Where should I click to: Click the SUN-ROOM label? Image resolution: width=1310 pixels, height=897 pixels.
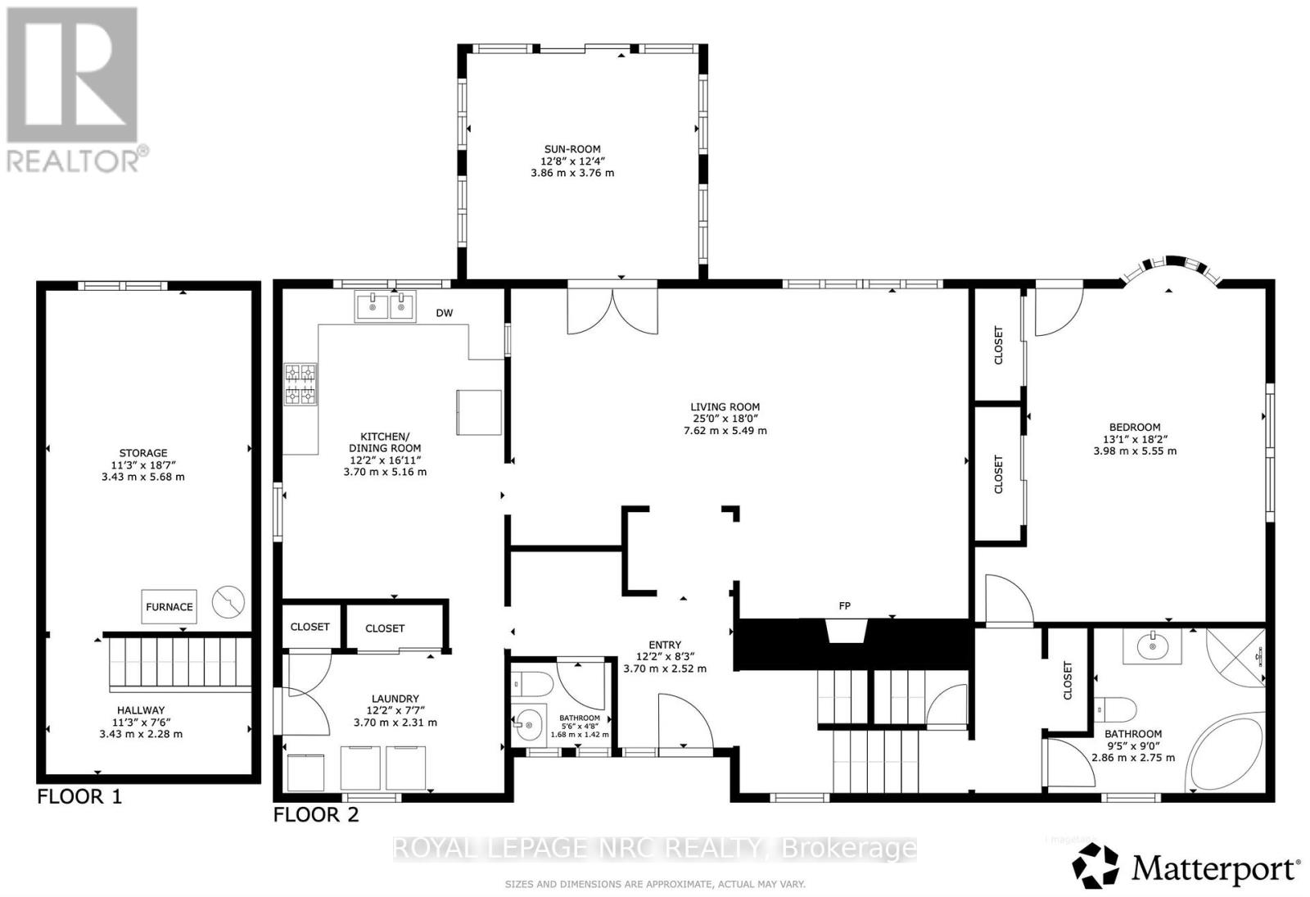572,150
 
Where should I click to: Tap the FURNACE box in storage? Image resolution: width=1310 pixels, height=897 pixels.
169,607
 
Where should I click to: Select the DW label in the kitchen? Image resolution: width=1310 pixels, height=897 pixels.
444,313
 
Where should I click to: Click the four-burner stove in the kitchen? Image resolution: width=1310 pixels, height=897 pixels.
300,385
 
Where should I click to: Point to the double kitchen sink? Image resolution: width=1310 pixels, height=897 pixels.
385,307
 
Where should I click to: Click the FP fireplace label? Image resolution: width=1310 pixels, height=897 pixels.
844,606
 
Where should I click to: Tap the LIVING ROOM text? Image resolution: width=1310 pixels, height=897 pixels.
725,407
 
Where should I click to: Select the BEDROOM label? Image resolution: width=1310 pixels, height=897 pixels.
1135,427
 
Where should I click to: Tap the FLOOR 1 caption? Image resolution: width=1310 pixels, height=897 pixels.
79,796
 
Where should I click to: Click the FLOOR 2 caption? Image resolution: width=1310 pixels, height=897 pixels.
315,814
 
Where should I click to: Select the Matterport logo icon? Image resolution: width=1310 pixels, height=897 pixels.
1096,866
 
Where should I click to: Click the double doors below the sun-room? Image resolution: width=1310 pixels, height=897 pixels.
612,310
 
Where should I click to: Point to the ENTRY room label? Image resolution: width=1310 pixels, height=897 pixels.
664,645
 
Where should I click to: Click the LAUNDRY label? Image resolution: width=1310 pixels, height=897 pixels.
395,699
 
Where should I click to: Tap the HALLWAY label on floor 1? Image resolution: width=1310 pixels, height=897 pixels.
141,710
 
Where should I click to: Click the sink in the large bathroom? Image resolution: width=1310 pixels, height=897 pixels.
1153,646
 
